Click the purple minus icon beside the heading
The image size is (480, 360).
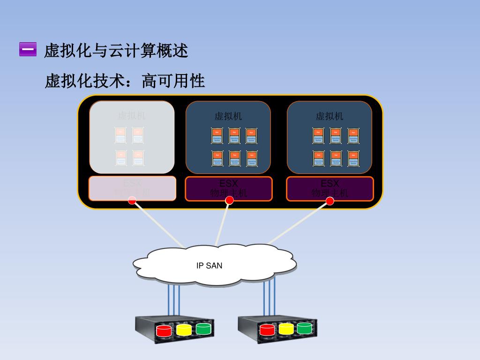(28, 49)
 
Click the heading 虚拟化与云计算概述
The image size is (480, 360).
(116, 50)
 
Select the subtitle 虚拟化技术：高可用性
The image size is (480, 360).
(125, 81)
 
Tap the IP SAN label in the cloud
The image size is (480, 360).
(209, 266)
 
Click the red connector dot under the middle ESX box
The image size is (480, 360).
(229, 201)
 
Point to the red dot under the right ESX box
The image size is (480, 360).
(330, 201)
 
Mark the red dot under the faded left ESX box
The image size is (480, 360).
(132, 201)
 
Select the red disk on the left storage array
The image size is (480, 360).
(164, 331)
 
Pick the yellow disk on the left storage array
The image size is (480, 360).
(184, 330)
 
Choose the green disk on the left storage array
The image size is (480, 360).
(203, 329)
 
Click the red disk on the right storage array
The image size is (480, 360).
(267, 330)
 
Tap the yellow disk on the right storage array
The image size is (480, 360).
(286, 329)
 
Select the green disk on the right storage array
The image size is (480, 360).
(304, 328)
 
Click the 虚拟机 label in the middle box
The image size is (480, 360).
(228, 116)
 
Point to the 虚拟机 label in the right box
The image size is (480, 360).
(330, 116)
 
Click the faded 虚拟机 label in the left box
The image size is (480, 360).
(132, 115)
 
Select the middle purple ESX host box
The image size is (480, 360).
(229, 188)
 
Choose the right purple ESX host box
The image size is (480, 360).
(330, 188)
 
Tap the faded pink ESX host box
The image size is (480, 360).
(132, 188)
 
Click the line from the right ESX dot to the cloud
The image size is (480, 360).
(300, 223)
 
